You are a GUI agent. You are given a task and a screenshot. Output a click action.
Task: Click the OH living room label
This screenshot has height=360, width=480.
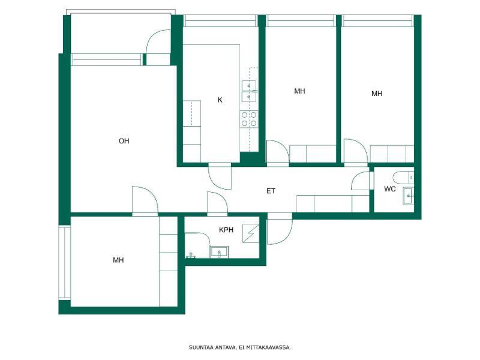[124, 141]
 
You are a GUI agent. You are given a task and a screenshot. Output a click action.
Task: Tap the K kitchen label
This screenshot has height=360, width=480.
[220, 100]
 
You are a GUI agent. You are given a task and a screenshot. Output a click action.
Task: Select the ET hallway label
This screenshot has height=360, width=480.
[271, 191]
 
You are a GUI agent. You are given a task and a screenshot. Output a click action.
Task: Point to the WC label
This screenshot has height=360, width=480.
[389, 189]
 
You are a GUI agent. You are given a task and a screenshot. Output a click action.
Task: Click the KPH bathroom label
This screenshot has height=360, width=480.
[226, 230]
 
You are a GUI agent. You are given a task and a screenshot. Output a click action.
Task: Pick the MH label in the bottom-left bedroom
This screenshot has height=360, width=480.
[118, 260]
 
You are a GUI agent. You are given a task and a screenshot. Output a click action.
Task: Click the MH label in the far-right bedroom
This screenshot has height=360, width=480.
[377, 94]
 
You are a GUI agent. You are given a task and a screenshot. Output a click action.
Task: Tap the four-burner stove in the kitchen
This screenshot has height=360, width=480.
[249, 119]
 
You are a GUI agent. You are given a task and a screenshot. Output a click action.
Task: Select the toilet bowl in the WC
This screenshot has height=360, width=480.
[403, 177]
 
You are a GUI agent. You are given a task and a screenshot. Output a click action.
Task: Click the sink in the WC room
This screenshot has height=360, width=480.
[409, 196]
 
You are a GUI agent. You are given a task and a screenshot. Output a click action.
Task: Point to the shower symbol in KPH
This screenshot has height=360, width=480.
[251, 233]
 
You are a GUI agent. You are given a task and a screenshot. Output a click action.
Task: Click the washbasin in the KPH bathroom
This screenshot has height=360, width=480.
[219, 251]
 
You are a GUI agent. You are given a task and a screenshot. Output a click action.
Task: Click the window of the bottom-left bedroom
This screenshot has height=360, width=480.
[65, 263]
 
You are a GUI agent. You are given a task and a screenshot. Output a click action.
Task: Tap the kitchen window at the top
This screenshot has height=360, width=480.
[220, 21]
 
